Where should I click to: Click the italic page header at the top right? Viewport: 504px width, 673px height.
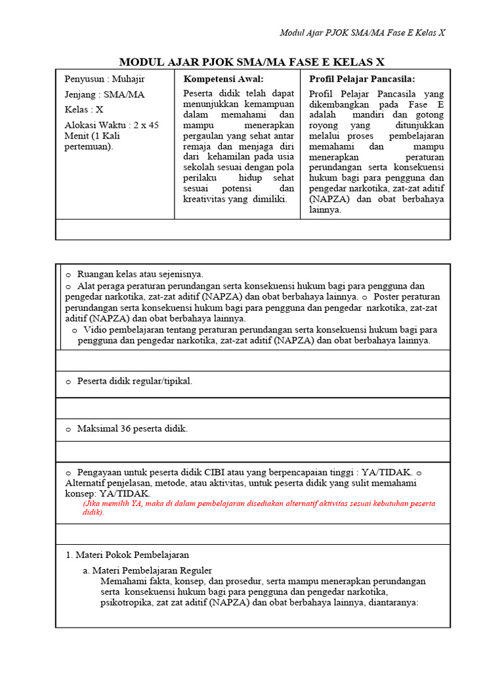(x=362, y=33)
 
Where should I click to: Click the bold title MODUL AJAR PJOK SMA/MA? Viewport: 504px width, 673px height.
(x=251, y=62)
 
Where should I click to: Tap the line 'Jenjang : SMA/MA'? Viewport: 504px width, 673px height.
(x=105, y=95)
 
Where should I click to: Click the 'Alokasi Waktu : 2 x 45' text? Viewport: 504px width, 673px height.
(x=112, y=125)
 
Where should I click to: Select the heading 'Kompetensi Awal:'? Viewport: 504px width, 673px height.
(x=218, y=79)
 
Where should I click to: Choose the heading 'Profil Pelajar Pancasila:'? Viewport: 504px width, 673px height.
(x=362, y=79)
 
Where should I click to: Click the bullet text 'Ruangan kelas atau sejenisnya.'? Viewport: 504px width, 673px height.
(x=140, y=274)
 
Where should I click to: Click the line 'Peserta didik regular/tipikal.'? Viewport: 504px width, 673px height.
(x=135, y=381)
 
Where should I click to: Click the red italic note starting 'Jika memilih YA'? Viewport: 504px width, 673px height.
(x=259, y=507)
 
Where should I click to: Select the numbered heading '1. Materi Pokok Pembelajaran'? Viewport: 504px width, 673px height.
(x=127, y=555)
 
